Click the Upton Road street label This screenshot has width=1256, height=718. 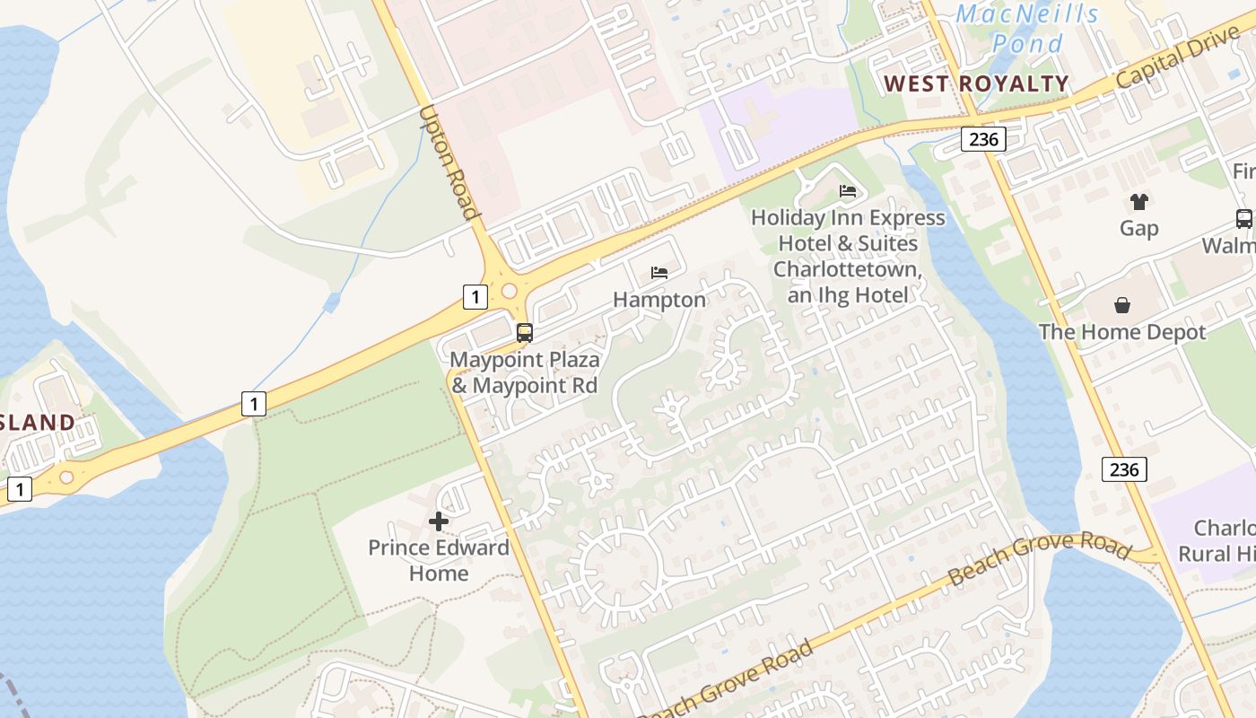tap(448, 162)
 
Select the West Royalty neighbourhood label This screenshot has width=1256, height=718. tap(976, 84)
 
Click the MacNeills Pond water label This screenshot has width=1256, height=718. tap(1027, 28)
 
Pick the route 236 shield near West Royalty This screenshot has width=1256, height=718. tap(982, 139)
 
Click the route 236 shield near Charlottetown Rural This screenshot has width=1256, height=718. tap(1123, 469)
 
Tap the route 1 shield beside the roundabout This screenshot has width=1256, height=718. tap(475, 296)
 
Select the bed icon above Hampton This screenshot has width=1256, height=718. tap(659, 272)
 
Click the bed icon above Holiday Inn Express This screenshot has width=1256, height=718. tap(848, 190)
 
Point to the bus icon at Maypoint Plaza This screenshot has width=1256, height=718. tap(525, 333)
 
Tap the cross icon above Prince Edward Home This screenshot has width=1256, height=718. tap(439, 521)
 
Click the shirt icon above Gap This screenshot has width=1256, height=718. tap(1138, 202)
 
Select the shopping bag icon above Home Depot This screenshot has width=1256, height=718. tap(1122, 305)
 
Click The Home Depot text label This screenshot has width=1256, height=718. tap(1122, 332)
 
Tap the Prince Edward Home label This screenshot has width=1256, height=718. tap(439, 560)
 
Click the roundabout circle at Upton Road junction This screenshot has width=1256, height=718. tap(510, 291)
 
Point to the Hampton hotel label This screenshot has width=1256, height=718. tap(659, 300)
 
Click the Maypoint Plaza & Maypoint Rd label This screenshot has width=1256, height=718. tap(525, 373)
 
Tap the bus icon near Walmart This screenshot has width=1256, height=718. tap(1243, 218)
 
